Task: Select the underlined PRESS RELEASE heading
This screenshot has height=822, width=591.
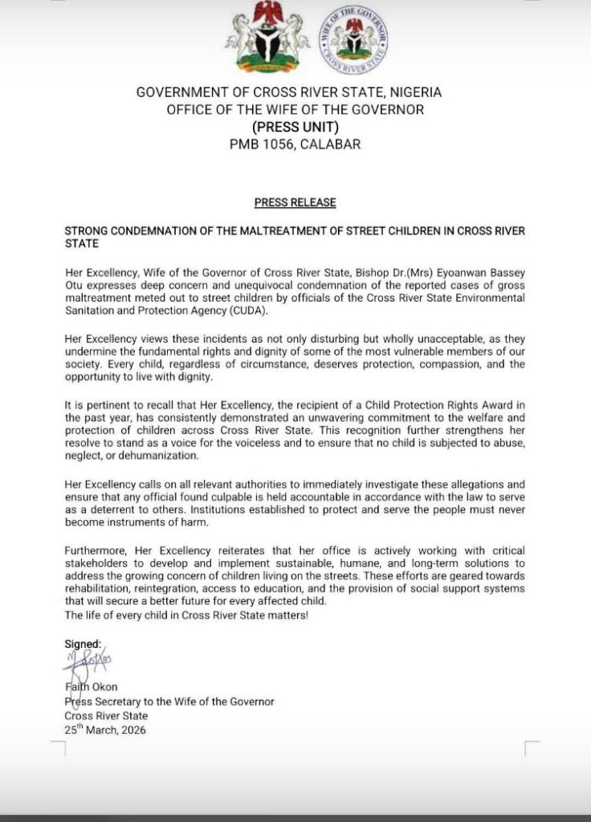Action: (x=295, y=202)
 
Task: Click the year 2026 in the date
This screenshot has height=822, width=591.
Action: (x=132, y=730)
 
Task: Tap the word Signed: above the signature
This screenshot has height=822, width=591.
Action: (x=83, y=644)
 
